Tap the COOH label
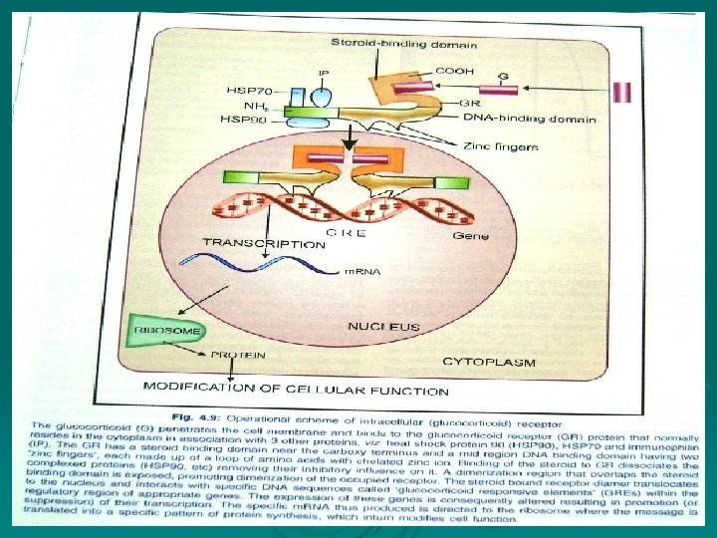point(454,70)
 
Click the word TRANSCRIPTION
point(264,242)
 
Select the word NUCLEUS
point(383,326)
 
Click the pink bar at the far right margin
point(622,93)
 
